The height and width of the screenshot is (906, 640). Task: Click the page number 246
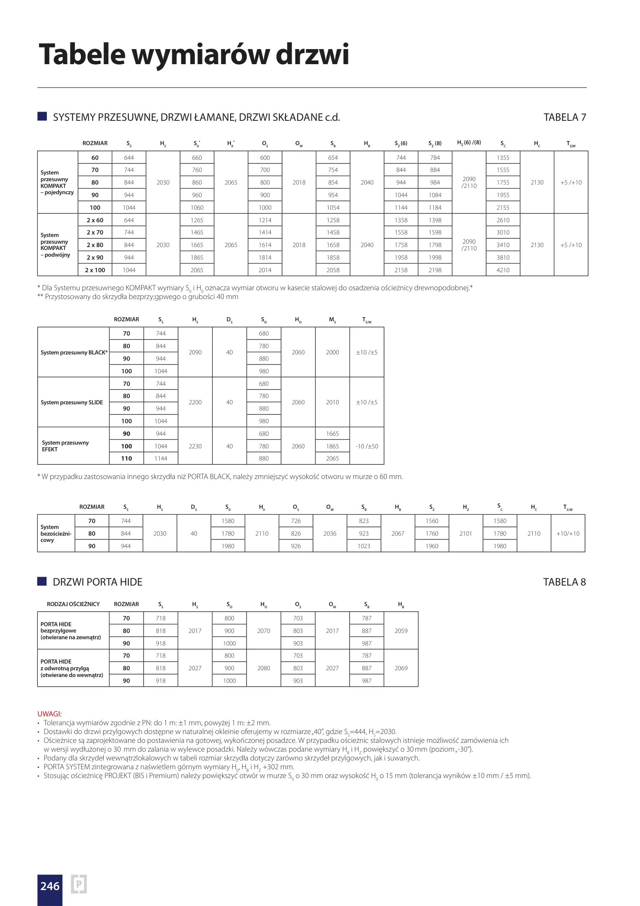coord(50,886)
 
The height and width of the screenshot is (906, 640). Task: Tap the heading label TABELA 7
coord(564,117)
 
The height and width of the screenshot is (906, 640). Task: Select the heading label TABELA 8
coord(564,582)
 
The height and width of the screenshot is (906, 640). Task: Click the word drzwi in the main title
coord(312,55)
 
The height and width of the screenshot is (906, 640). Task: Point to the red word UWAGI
coord(49,713)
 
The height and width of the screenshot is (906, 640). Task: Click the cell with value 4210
coord(503,270)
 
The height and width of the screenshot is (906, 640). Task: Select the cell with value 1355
coord(503,158)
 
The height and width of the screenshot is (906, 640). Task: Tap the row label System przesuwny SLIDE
coord(72,402)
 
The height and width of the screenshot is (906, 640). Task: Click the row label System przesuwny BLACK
coord(73,352)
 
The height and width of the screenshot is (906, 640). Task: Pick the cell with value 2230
coord(195,446)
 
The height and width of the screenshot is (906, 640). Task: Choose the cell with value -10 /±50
coord(367,446)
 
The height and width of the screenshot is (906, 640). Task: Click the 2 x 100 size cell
coord(95,270)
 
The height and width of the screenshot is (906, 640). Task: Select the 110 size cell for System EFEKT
coord(127,458)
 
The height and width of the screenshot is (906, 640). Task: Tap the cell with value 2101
coord(466,534)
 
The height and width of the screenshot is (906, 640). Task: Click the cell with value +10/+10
coord(568,534)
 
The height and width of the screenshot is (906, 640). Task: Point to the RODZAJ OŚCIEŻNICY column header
coord(73,604)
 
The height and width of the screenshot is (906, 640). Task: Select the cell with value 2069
coord(401,668)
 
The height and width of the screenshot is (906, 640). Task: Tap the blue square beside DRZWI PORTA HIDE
coord(42,581)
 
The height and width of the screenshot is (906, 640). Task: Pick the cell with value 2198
coord(435,270)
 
